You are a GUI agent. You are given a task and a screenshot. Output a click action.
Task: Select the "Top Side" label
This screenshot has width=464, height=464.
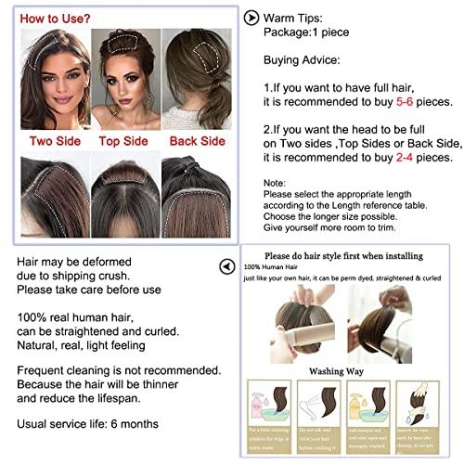point(125,141)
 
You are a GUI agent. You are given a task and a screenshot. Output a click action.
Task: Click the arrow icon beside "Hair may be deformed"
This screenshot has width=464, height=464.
point(226,266)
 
